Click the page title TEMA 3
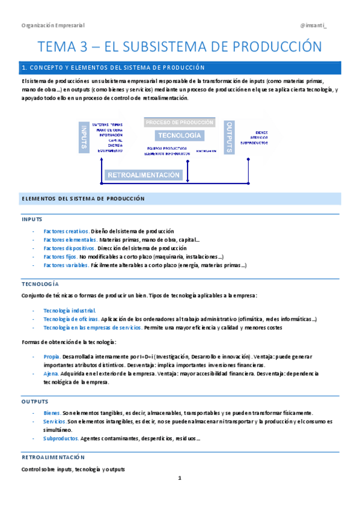180,46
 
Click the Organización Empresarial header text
53,25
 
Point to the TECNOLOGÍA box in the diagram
179,136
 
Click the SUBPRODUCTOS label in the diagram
254,143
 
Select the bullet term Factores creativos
66,231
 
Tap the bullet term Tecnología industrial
70,310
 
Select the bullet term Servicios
55,422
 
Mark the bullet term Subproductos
61,438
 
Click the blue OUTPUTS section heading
35,401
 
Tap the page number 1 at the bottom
180,478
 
